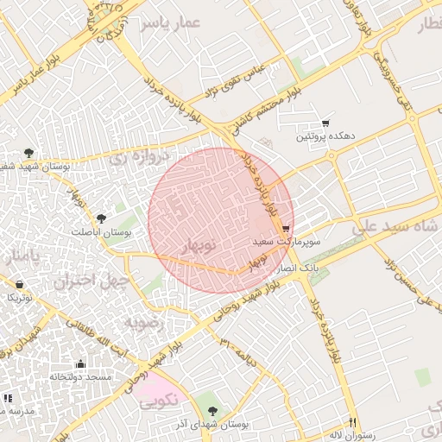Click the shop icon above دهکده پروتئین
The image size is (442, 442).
pyautogui.click(x=325, y=123)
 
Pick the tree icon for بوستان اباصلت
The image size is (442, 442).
pyautogui.click(x=102, y=218)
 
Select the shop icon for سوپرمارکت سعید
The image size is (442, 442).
pyautogui.click(x=286, y=229)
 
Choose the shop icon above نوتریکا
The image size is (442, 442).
pyautogui.click(x=19, y=283)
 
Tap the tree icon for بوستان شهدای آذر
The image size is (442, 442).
pyautogui.click(x=213, y=410)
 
